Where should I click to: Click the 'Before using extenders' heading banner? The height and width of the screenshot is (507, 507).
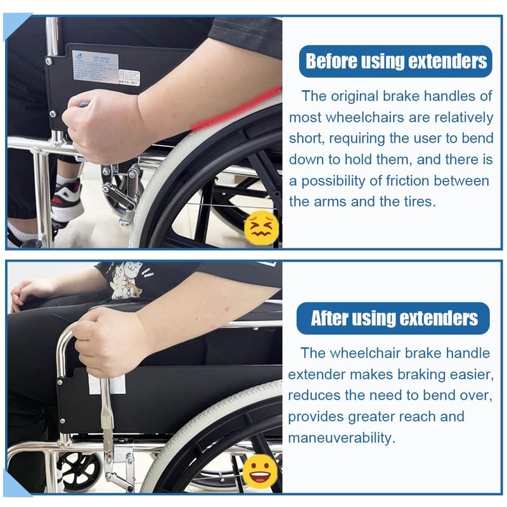point(396,61)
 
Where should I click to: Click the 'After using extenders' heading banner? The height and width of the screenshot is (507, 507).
point(394,318)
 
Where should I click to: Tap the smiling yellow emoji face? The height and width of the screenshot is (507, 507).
point(260,471)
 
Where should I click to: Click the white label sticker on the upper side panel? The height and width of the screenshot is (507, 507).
point(95,67)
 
